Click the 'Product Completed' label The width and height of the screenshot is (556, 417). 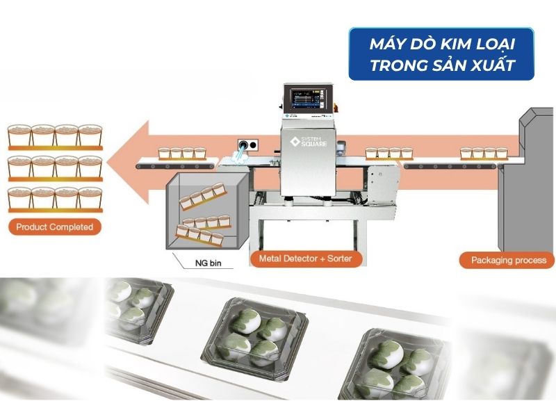pos(55,227)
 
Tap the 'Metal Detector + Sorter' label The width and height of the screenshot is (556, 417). pos(306,259)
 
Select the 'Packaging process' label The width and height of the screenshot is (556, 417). pos(508,260)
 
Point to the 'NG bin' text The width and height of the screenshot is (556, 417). pos(208,263)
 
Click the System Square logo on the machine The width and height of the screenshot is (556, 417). pos(308,142)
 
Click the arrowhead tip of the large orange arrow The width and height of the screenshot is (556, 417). pos(107,163)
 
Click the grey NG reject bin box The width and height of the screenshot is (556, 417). pos(207,211)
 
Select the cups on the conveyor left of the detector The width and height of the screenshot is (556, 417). pos(182,153)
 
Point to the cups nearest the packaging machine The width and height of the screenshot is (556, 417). pos(484,153)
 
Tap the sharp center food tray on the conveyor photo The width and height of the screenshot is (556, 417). pos(254,339)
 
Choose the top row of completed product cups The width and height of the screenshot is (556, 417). pos(55,137)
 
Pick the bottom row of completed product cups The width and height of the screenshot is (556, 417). pos(55,200)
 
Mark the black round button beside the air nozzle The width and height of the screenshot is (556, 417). pos(253,145)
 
